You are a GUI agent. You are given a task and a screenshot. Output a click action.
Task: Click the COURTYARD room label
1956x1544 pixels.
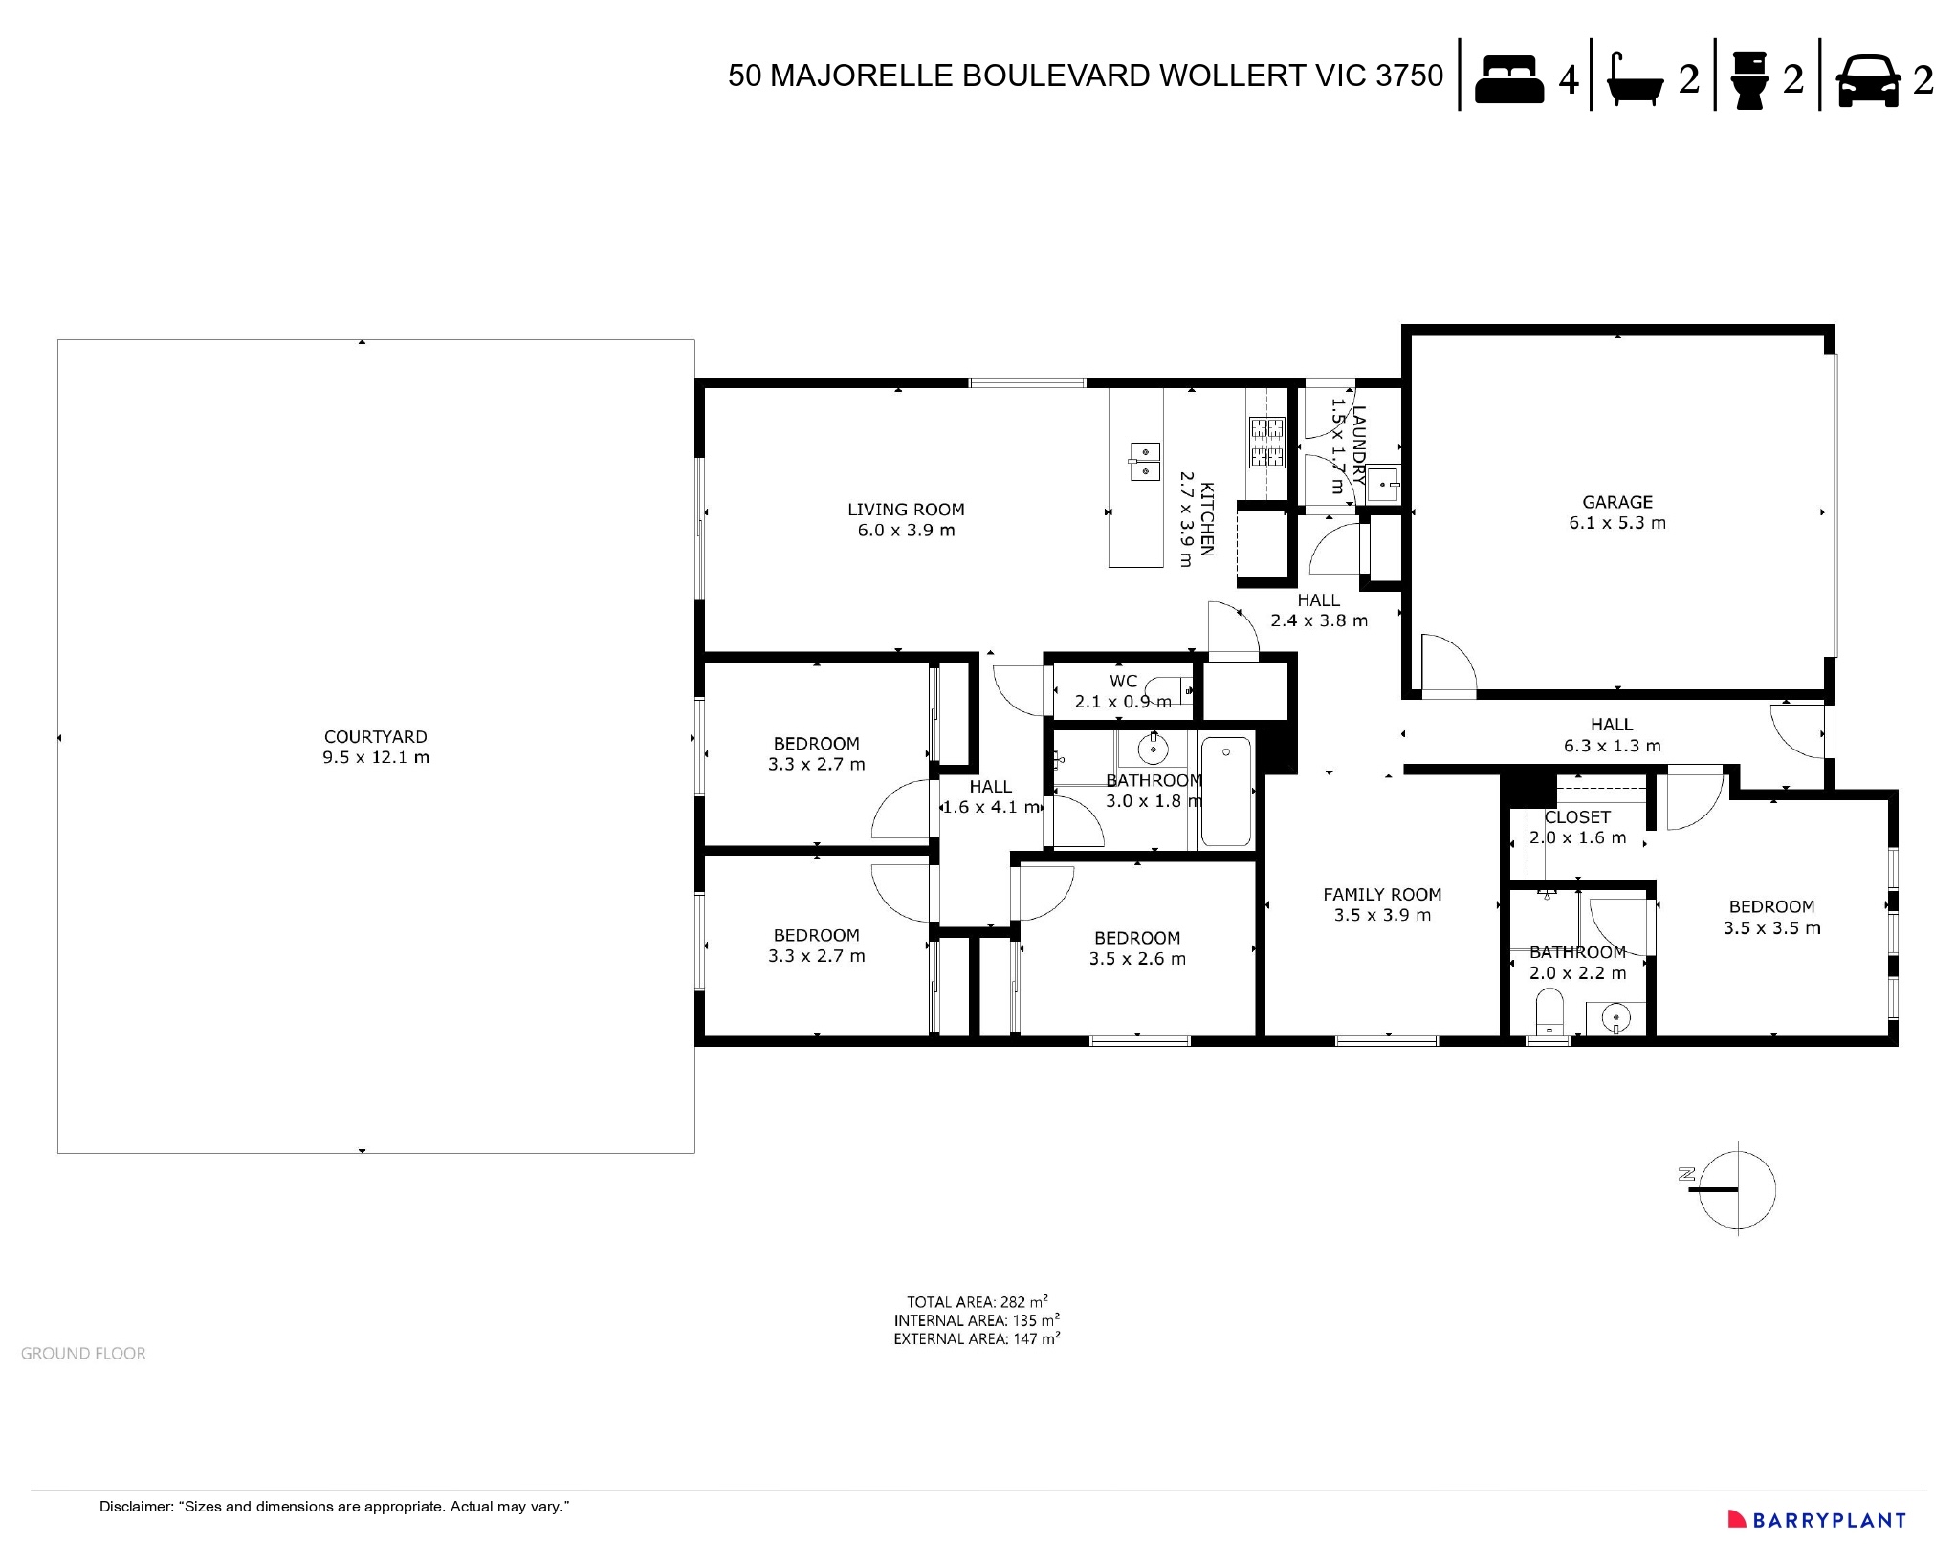(376, 747)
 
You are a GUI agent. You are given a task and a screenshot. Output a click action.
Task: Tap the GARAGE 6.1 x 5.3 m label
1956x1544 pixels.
(1617, 512)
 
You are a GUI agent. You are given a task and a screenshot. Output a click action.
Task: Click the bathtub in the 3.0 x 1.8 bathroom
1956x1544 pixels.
(1225, 792)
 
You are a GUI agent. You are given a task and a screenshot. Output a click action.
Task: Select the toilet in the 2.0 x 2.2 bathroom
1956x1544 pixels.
(1549, 1011)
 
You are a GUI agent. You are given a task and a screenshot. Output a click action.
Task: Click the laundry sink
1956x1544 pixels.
(1382, 484)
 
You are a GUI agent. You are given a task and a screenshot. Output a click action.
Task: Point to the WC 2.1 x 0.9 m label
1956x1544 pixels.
(1123, 691)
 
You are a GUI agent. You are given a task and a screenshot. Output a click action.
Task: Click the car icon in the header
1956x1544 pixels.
(1868, 80)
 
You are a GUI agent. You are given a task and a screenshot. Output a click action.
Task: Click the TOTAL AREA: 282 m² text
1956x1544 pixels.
(977, 1302)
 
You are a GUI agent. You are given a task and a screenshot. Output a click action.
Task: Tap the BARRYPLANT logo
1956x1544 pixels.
(1816, 1520)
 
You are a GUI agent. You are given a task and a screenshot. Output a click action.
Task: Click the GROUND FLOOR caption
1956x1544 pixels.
(83, 1354)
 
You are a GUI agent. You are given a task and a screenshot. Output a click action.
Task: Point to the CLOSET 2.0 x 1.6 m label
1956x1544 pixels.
(1577, 827)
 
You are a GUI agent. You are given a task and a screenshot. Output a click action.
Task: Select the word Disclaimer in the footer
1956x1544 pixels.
(135, 1507)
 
